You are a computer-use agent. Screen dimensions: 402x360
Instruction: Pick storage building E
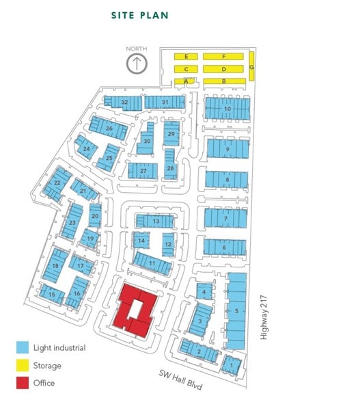coord(186,56)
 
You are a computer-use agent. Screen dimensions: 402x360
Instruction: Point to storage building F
coord(224,56)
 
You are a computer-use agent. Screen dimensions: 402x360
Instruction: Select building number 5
coord(236,310)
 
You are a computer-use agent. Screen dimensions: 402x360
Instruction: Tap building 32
coord(124,102)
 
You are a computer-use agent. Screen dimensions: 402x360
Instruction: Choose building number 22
coord(57,183)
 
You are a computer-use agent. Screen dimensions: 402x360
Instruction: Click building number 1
coord(232,365)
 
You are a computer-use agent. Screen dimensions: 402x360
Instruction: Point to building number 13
coord(156,222)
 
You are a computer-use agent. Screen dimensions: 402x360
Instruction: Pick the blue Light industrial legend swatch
coord(23,349)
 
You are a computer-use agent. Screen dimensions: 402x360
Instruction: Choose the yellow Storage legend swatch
coord(23,366)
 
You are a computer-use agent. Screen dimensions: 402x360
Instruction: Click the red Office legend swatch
coord(23,384)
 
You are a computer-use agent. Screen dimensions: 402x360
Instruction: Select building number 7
coord(225,218)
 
